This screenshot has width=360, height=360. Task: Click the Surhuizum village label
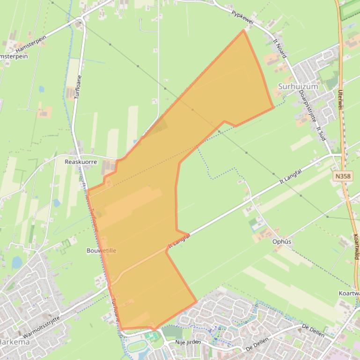coord(298,86)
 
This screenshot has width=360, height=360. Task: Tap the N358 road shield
coord(343,176)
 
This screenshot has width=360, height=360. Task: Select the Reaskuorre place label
coord(81,162)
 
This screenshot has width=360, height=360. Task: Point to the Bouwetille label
coord(101,251)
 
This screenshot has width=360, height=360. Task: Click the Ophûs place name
coord(282,242)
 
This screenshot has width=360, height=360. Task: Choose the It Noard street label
coord(279,48)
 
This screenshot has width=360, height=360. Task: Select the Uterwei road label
coord(340,100)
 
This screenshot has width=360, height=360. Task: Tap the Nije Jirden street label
coord(188,342)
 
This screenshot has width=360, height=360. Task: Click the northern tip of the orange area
coord(243,31)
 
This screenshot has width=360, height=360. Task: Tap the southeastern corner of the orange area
coord(196,301)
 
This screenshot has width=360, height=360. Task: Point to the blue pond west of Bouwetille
coord(16,263)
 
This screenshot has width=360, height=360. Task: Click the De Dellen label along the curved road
coord(313,330)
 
